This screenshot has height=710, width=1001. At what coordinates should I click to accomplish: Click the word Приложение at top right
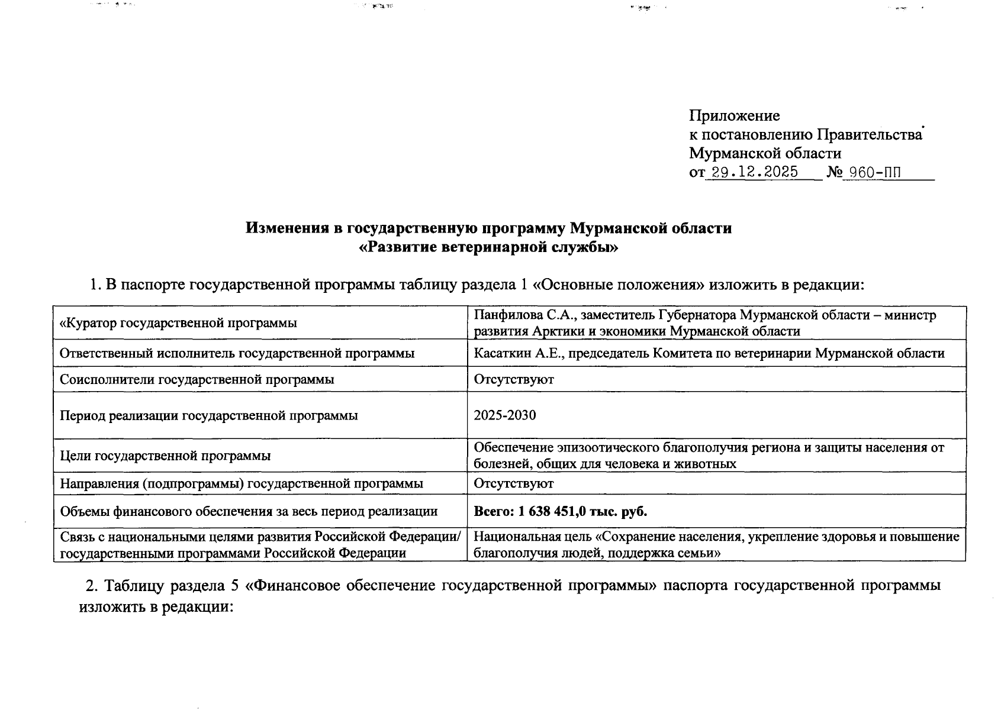click(734, 115)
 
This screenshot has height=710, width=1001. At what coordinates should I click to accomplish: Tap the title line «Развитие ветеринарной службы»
click(488, 247)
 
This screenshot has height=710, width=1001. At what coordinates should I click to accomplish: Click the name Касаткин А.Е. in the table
click(516, 353)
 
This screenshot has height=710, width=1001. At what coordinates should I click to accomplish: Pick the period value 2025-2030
click(504, 415)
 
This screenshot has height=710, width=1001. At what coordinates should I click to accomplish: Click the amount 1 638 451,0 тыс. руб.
click(582, 511)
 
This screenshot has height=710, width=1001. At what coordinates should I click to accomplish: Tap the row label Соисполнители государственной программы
click(197, 379)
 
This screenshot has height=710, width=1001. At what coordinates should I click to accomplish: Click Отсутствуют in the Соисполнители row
click(513, 379)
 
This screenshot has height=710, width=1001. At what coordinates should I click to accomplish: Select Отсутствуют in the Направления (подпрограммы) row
click(513, 483)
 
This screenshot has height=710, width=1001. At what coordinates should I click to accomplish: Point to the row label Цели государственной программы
click(165, 456)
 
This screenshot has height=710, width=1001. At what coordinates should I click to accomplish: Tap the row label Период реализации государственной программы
click(208, 415)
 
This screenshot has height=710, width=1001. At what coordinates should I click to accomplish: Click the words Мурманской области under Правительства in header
click(764, 154)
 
